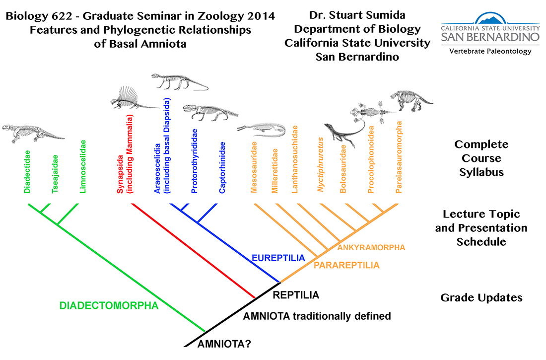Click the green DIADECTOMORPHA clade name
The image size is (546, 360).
pyautogui.click(x=109, y=306)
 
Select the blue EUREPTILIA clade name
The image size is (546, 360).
pyautogui.click(x=275, y=258)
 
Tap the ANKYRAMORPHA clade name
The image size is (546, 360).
pyautogui.click(x=371, y=247)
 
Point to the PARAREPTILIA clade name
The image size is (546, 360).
pyautogui.click(x=346, y=266)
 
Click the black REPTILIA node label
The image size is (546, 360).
pyautogui.click(x=296, y=295)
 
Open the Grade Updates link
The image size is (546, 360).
pyautogui.click(x=481, y=298)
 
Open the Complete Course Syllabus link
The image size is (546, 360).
pyautogui.click(x=481, y=158)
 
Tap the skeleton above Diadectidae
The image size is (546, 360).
pyautogui.click(x=32, y=131)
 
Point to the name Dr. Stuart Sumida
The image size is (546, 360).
pyautogui.click(x=357, y=16)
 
